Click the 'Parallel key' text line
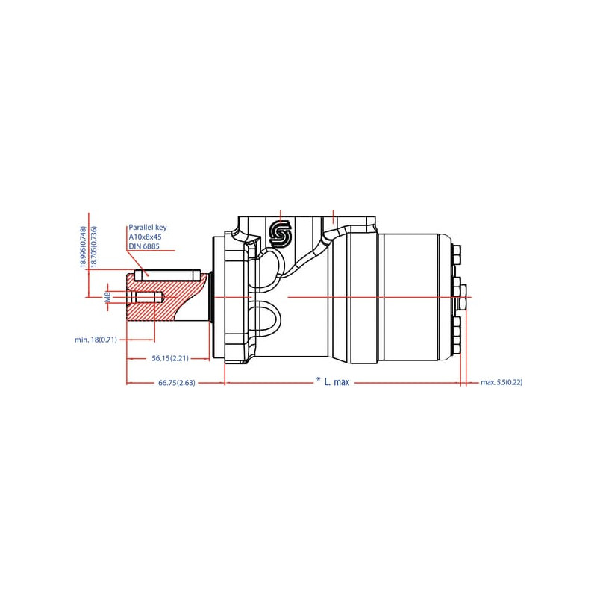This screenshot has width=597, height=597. (x=147, y=228)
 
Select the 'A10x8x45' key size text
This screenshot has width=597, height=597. (x=145, y=237)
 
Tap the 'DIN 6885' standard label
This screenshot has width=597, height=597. (x=144, y=246)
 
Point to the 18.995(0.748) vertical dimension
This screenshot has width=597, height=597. (x=84, y=247)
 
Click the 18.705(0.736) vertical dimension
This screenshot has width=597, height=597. (x=94, y=247)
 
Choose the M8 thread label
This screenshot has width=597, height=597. (x=107, y=296)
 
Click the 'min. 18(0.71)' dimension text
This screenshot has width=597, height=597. (x=96, y=340)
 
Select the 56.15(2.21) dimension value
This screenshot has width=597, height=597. (x=170, y=358)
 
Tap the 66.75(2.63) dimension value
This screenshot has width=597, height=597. (x=177, y=383)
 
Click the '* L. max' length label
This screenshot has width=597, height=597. (x=333, y=381)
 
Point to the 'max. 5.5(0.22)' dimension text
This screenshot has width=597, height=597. (x=501, y=382)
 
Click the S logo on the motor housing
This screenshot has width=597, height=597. (x=281, y=233)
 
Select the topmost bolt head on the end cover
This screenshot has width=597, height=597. (x=457, y=254)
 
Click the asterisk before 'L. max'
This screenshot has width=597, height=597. (x=319, y=380)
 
